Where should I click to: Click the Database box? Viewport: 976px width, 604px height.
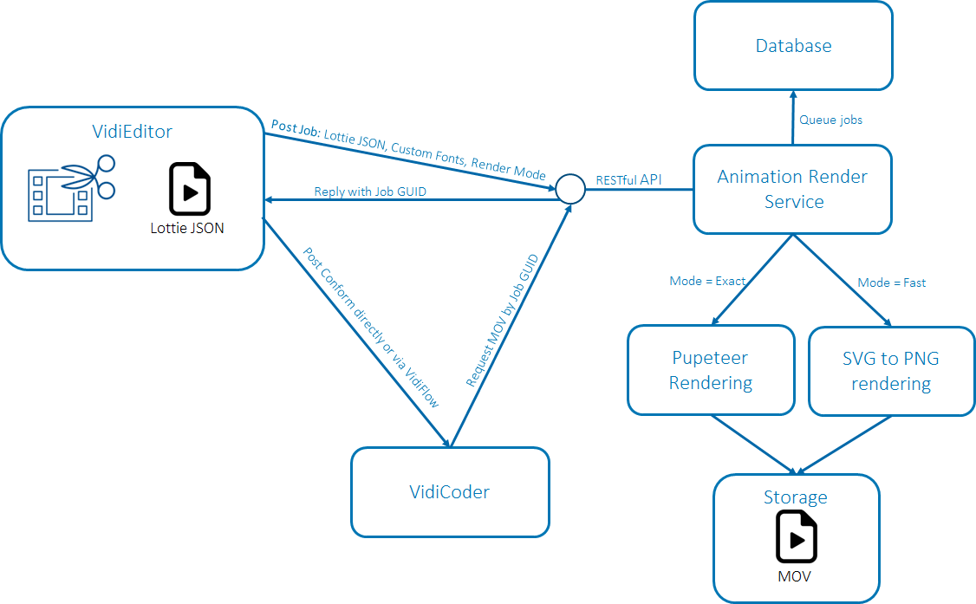pos(793,46)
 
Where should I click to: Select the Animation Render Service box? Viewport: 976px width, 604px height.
pos(793,189)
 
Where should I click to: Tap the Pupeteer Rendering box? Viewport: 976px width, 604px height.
pos(711,370)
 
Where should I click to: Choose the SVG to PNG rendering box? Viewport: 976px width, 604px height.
pos(891,371)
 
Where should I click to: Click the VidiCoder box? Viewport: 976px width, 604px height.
pos(450,492)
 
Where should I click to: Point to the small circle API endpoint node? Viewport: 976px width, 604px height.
pos(569,188)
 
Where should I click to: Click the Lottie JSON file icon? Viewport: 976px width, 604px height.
pos(188,189)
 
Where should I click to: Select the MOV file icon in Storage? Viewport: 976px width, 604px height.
pos(795,537)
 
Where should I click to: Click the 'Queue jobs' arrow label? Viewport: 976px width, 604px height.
pos(830,120)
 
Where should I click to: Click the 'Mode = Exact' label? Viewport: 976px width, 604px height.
pos(707,281)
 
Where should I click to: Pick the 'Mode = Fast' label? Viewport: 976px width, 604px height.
pos(892,283)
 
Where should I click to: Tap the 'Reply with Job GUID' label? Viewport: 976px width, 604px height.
pos(370,192)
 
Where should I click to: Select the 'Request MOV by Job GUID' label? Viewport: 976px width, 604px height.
pos(504,321)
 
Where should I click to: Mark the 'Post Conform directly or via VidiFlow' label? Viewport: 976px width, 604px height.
pos(371,328)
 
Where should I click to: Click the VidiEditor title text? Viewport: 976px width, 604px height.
pos(133,132)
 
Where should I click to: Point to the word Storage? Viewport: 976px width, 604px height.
pos(795,497)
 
